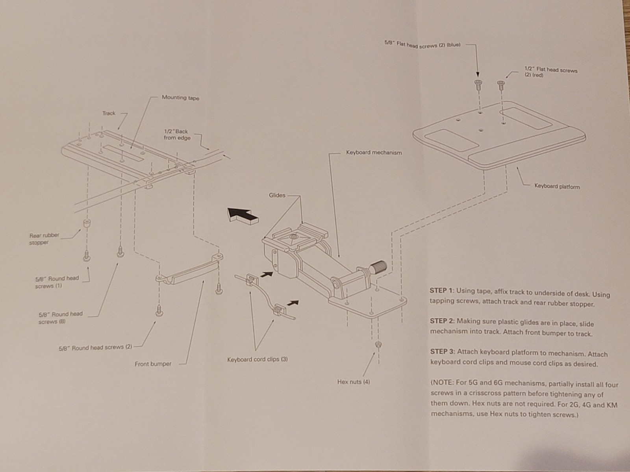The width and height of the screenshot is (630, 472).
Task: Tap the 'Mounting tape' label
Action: [180, 98]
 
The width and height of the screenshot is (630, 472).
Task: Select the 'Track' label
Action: [109, 113]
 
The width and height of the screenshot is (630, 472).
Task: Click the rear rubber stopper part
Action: [86, 225]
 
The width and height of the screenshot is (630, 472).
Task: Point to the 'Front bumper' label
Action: [153, 364]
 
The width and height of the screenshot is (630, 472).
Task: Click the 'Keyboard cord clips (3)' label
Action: [257, 359]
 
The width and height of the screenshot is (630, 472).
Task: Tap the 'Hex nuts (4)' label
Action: [353, 382]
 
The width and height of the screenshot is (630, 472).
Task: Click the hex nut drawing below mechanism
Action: [378, 345]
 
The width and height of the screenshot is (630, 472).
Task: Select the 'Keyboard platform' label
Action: [557, 186]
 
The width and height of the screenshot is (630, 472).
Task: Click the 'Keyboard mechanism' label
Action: [374, 153]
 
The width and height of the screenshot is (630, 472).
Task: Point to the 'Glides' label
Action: [277, 195]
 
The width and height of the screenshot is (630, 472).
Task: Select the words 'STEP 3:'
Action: [442, 352]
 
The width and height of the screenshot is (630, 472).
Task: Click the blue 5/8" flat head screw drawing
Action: [478, 83]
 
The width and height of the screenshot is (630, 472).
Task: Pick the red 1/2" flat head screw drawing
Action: [500, 84]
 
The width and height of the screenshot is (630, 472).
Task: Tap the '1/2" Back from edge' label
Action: [177, 135]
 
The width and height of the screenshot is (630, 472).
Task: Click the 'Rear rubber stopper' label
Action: [44, 239]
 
